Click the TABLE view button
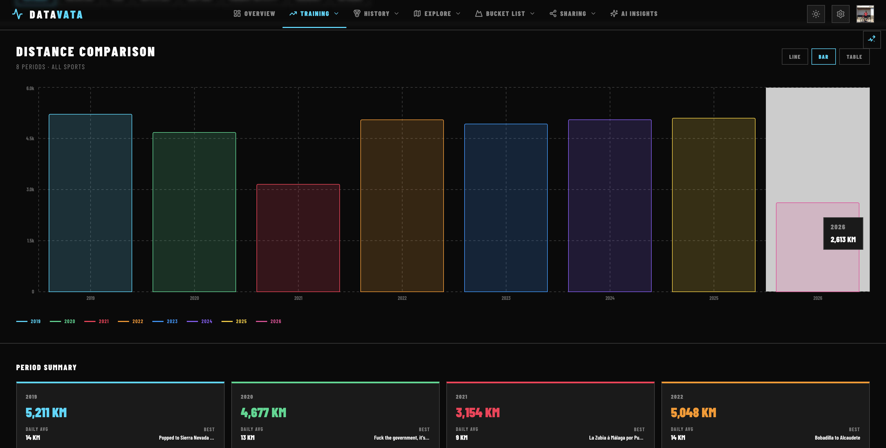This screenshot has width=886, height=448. [x=854, y=57]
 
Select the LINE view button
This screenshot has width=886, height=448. [x=794, y=57]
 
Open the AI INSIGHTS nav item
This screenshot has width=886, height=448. [x=634, y=14]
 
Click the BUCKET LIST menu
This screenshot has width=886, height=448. [x=505, y=14]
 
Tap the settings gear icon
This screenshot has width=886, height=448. [x=840, y=14]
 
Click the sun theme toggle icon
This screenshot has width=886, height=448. [x=816, y=14]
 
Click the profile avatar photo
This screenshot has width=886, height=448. [x=865, y=14]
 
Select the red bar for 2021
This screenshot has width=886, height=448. [x=298, y=238]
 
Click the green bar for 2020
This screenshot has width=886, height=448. [x=194, y=212]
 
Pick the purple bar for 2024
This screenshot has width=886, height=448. [x=610, y=206]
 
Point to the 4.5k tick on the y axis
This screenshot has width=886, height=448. [x=30, y=139]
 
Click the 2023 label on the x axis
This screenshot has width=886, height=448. [x=506, y=298]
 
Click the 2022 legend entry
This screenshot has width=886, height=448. [x=131, y=321]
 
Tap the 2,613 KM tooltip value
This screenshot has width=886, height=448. [x=843, y=240]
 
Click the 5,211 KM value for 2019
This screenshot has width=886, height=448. [x=46, y=413]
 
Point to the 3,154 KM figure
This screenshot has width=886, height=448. [x=478, y=413]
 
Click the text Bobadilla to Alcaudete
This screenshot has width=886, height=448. [x=837, y=438]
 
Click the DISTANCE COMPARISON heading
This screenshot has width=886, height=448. [x=86, y=52]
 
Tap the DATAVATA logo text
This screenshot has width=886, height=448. [x=56, y=15]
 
